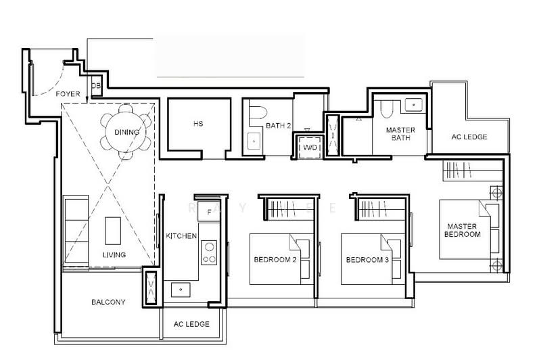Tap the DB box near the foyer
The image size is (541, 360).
coord(96,87)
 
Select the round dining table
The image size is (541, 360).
coord(126,131)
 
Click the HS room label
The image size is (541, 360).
coord(198,124)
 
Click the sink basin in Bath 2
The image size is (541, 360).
coord(254,142)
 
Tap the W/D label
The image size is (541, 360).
coord(309,147)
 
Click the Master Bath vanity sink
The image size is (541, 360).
coord(412,106)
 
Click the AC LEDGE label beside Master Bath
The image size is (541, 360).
coord(469,137)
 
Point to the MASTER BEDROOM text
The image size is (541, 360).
coord(463,230)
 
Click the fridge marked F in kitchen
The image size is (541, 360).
coord(209,212)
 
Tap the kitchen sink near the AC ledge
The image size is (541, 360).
coord(181,290)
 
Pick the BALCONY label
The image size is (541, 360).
coord(108,302)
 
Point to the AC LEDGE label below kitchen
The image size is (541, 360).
coord(191,324)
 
